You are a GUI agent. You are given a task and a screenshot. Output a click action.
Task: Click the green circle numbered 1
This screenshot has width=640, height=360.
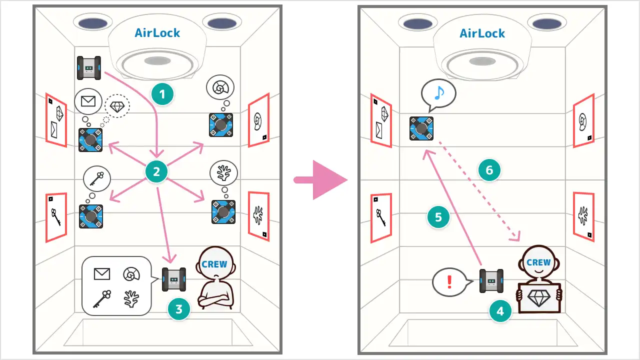(162, 94)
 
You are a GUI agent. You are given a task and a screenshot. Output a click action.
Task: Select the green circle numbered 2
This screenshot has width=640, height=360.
(156, 172)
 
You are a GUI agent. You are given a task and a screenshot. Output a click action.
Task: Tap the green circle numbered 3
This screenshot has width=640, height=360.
(178, 310)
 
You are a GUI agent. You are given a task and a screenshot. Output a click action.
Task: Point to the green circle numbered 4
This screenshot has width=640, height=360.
(500, 312)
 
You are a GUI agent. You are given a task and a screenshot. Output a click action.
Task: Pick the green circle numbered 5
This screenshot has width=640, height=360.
(438, 217)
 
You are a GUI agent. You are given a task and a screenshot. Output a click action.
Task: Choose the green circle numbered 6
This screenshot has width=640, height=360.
(489, 170)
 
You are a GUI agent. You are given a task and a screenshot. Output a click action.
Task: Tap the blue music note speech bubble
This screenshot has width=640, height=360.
(438, 93)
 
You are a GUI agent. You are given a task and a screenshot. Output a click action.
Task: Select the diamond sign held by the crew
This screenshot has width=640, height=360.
(538, 298)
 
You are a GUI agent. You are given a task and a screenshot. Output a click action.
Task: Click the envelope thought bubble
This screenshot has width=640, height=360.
(88, 101)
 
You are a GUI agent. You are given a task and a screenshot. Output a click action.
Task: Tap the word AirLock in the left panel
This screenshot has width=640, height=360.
(157, 33)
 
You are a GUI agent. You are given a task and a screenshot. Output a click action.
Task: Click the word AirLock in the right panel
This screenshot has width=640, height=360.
(482, 33)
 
